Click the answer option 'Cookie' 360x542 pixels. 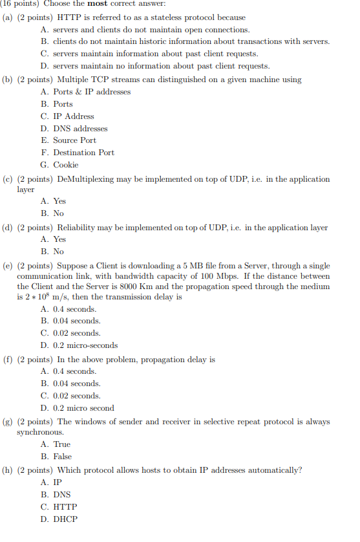(x=65, y=165)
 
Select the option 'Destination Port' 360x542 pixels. (x=83, y=153)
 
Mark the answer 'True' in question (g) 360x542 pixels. (x=61, y=444)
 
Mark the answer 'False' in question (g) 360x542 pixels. (x=63, y=457)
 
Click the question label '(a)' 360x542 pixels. (x=9, y=17)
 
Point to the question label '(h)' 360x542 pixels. (x=9, y=470)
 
